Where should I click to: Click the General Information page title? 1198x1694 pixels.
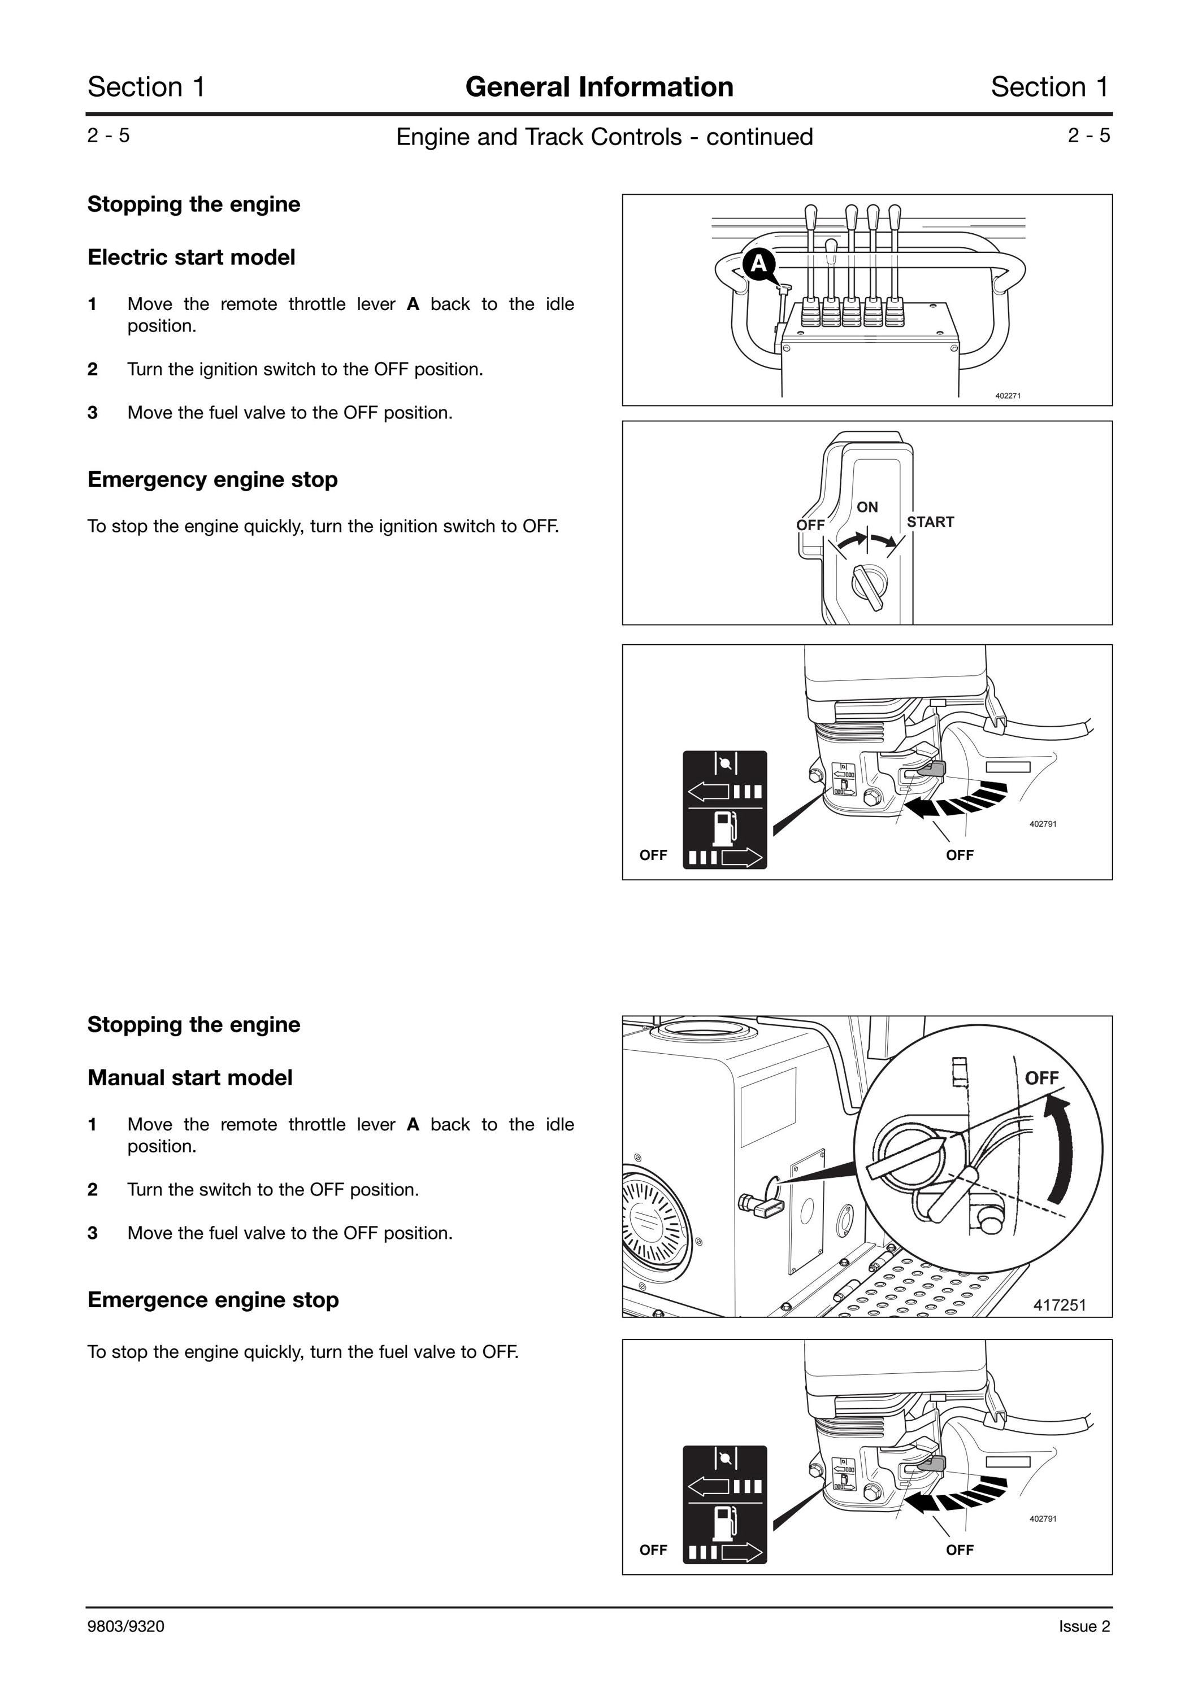click(x=600, y=87)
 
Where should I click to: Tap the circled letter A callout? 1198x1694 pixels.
click(x=759, y=263)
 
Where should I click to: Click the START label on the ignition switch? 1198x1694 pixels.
click(x=930, y=522)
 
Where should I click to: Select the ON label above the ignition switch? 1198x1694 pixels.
click(x=867, y=507)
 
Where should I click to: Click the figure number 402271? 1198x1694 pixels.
click(x=1008, y=395)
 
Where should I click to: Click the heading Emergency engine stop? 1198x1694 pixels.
click(x=212, y=479)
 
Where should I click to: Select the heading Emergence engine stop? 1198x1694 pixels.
click(x=213, y=1299)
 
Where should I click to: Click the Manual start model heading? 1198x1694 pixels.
click(x=190, y=1077)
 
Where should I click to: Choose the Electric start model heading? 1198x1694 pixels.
click(x=191, y=257)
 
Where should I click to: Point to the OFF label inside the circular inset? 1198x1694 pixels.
click(x=1041, y=1078)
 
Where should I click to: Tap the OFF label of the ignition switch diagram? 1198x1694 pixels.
click(x=810, y=525)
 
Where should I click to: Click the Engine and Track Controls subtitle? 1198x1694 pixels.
click(x=605, y=137)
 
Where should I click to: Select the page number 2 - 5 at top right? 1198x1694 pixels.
click(x=1089, y=135)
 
